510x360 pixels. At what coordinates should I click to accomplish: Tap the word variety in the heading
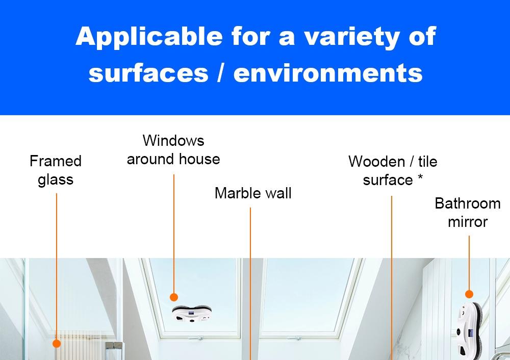(x=334, y=37)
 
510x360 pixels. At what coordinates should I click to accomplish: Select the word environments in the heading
(x=328, y=73)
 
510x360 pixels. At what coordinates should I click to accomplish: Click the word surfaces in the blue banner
(x=148, y=73)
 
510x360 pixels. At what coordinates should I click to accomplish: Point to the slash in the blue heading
(x=220, y=73)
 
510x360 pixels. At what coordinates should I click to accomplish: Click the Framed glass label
(x=56, y=170)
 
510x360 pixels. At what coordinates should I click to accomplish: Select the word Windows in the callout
(x=173, y=141)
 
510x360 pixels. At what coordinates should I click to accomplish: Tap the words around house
(x=173, y=159)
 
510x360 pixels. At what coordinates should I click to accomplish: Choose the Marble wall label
(x=253, y=193)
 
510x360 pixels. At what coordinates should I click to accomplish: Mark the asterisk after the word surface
(x=420, y=178)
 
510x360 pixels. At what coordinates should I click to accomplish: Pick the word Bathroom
(x=467, y=203)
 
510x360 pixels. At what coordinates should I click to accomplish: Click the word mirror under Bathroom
(x=467, y=222)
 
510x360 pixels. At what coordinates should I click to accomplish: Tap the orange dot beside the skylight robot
(x=173, y=297)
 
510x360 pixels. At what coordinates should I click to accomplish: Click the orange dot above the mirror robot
(x=469, y=294)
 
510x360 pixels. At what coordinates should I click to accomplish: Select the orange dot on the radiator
(x=57, y=344)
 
